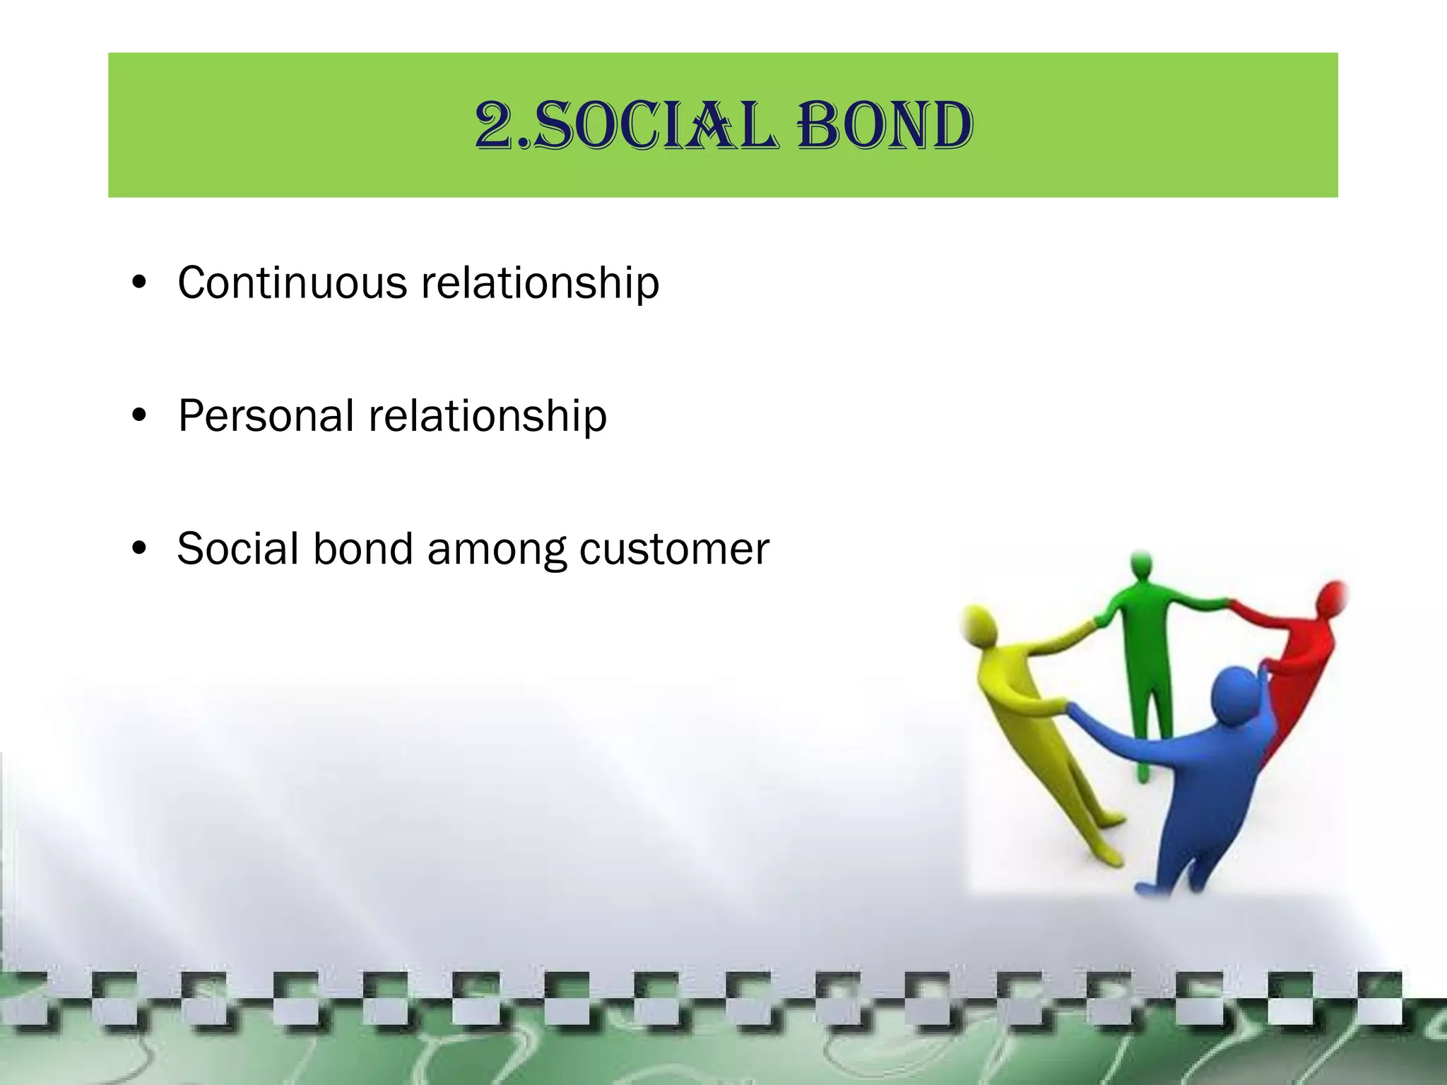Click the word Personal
266,415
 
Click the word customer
674,549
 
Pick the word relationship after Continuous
540,283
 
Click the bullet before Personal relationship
139,416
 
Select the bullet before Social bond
139,549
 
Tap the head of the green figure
1141,565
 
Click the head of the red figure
1333,598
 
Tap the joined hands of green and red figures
1231,604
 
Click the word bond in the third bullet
362,549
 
